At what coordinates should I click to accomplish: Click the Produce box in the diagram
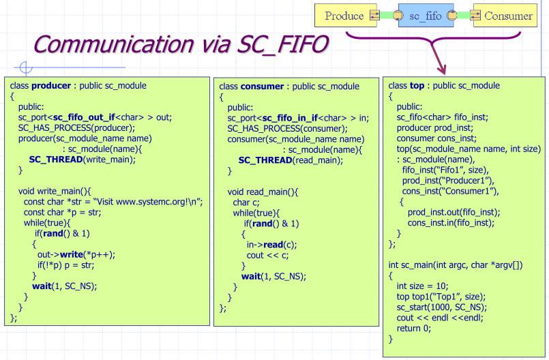click(x=343, y=16)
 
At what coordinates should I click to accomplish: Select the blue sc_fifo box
click(x=425, y=16)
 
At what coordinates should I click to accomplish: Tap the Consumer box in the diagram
click(x=507, y=16)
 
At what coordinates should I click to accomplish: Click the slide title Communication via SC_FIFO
click(x=181, y=44)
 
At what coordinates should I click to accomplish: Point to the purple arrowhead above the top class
click(x=441, y=68)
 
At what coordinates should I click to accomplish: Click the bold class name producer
click(x=52, y=86)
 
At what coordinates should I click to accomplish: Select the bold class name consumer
click(x=262, y=87)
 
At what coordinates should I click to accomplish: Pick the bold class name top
click(x=417, y=86)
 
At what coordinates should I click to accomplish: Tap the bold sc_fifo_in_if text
click(x=290, y=117)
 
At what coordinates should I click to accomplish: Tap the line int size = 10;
click(x=423, y=286)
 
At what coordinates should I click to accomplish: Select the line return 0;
click(x=414, y=328)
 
